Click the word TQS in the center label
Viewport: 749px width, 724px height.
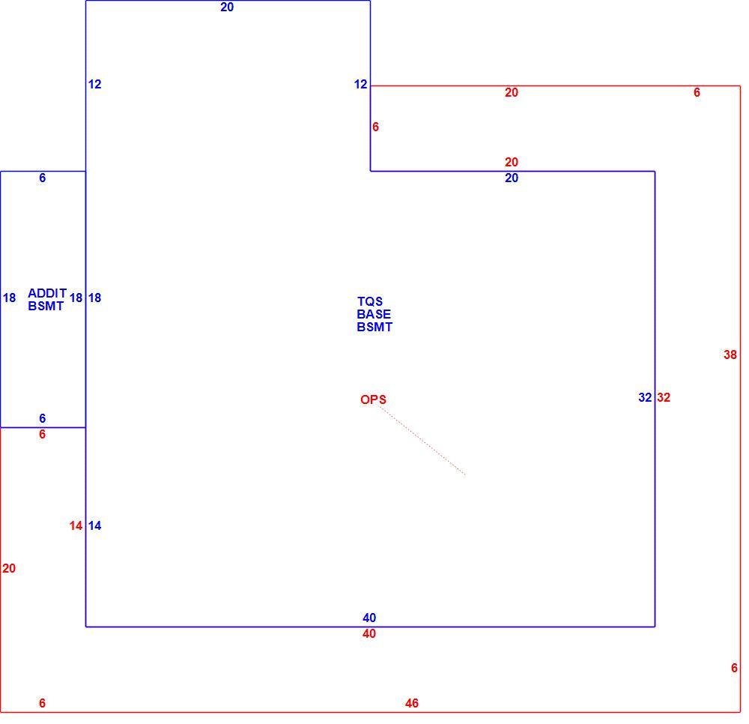click(370, 301)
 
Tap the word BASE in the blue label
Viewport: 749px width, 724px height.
click(374, 315)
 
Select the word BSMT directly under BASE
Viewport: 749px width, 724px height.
click(374, 328)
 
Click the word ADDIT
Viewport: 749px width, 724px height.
click(47, 293)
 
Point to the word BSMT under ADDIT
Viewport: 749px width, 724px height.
click(46, 306)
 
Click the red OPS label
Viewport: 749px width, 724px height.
click(373, 399)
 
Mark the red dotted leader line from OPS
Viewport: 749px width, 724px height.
click(422, 441)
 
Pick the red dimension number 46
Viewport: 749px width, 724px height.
click(412, 703)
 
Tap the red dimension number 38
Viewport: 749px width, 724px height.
click(730, 355)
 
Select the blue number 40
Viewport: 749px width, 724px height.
click(369, 618)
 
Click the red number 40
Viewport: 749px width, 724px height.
click(369, 633)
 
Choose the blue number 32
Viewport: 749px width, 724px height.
click(645, 398)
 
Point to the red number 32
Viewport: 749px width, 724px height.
click(664, 398)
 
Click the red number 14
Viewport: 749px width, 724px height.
click(76, 526)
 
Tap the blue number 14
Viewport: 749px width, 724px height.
click(94, 526)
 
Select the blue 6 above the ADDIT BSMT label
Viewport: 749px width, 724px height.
click(43, 178)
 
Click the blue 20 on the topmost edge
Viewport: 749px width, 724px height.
click(227, 7)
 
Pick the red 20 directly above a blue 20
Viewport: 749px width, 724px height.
click(512, 163)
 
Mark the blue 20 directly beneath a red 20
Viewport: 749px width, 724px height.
click(512, 178)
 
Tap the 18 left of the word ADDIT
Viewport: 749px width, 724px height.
click(9, 298)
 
